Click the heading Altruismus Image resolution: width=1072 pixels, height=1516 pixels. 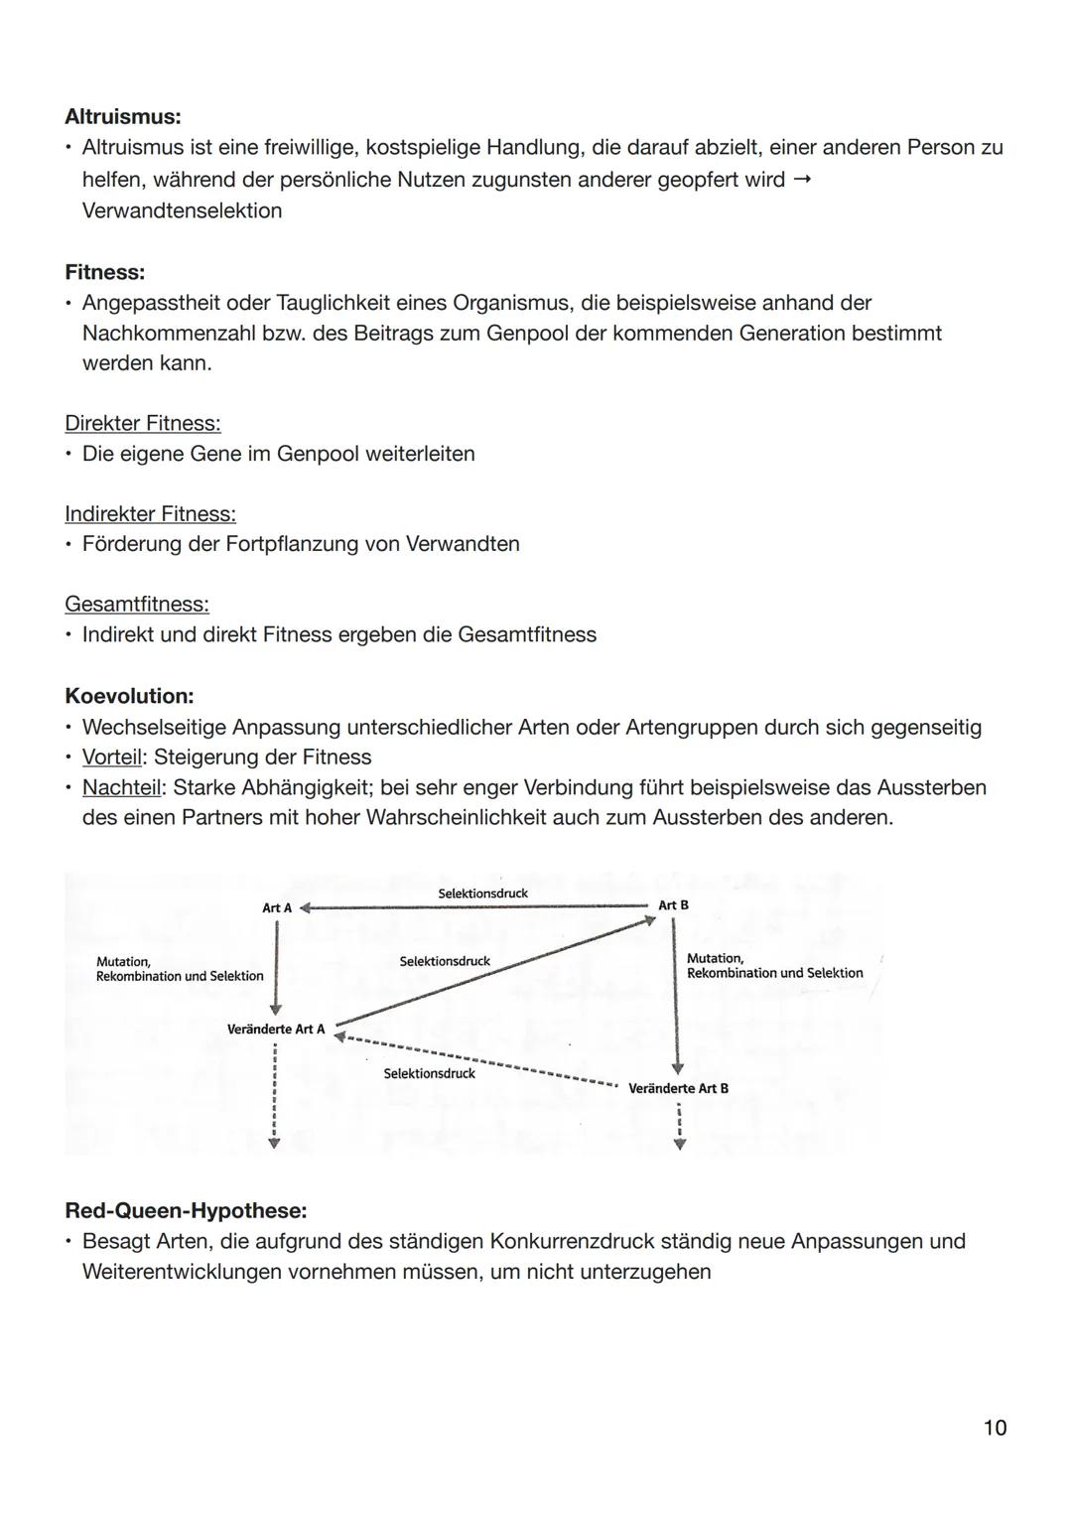[122, 117]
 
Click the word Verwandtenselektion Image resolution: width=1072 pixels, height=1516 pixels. [182, 210]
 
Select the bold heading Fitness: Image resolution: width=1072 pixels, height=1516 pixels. [104, 272]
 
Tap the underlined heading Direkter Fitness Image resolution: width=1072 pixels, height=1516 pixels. [142, 424]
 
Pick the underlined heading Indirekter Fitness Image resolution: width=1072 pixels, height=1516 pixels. [150, 514]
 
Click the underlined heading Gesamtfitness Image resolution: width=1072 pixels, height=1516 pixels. [136, 605]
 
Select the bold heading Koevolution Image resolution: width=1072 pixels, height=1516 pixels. [128, 696]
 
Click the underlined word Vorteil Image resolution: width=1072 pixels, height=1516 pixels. [111, 758]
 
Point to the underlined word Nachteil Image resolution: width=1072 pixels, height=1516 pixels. [120, 788]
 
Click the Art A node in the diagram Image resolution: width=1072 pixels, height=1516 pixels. [277, 908]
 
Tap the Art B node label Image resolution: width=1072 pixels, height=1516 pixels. [673, 905]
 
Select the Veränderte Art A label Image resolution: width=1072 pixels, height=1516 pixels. [276, 1030]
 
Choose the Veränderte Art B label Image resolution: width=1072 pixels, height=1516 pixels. [678, 1089]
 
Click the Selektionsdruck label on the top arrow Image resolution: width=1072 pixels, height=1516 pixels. [482, 894]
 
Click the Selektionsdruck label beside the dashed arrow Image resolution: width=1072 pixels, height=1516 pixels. [429, 1073]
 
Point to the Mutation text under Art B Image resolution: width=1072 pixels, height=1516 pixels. [715, 958]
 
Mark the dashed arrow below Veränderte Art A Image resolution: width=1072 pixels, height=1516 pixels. [275, 1102]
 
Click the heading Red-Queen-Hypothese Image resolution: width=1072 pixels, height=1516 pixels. [186, 1211]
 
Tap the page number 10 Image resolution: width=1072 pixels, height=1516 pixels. [994, 1428]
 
